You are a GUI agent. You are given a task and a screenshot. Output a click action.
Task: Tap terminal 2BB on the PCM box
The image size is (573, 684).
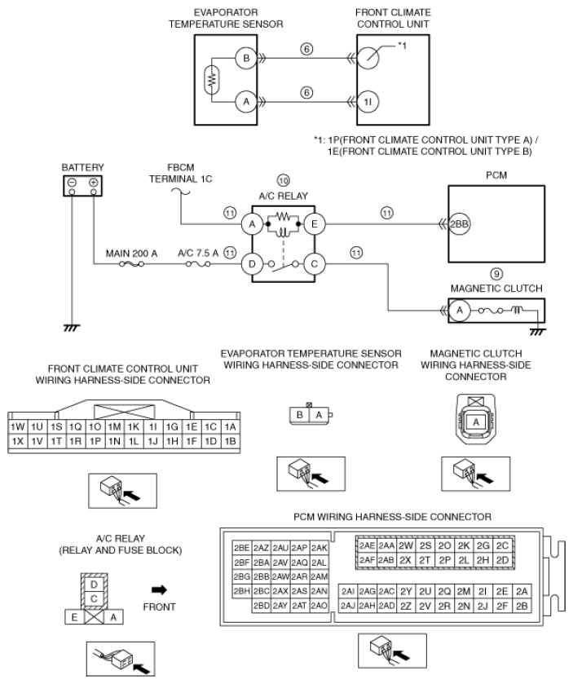point(453,220)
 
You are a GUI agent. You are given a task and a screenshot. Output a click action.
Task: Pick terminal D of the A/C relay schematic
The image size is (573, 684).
point(253,263)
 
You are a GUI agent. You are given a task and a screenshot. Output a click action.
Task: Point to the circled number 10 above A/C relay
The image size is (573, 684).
point(283,179)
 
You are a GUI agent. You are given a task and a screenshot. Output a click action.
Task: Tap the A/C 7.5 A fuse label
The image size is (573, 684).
point(197,253)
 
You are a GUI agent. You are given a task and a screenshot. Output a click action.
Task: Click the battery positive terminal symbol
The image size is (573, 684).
point(94,183)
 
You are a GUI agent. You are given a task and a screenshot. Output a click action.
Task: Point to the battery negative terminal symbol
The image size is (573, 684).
point(73,183)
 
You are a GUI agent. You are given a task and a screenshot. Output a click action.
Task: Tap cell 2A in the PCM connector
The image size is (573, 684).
point(522,590)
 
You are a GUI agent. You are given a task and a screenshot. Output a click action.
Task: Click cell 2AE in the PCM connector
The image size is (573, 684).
point(367,545)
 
